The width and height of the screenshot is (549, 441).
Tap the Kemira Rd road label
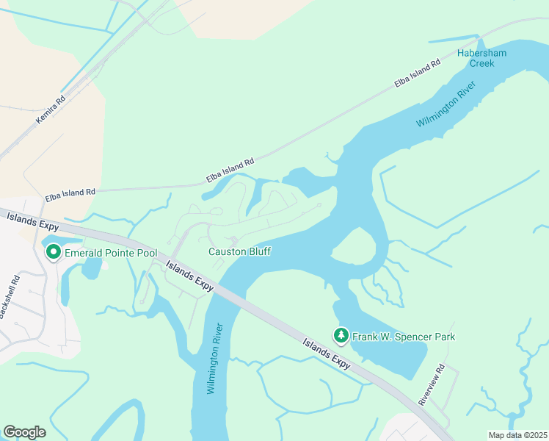click(51, 109)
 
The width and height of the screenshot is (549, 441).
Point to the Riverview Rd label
click(432, 384)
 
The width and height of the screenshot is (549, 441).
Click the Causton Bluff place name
click(239, 251)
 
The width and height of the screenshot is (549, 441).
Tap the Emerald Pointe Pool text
click(111, 253)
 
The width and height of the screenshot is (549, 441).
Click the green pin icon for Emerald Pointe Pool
click(54, 252)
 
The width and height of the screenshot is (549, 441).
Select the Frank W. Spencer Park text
click(404, 337)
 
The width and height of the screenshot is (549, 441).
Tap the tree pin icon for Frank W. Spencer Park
click(341, 336)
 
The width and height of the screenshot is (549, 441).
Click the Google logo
click(24, 432)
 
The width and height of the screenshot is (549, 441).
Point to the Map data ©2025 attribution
click(517, 435)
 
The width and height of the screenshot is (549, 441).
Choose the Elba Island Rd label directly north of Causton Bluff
click(230, 170)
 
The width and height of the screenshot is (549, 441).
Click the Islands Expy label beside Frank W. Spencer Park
click(327, 352)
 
